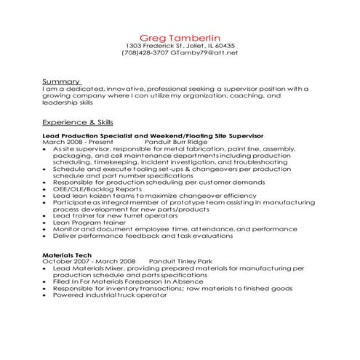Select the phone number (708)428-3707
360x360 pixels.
point(145,53)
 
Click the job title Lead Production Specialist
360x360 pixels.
point(95,137)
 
